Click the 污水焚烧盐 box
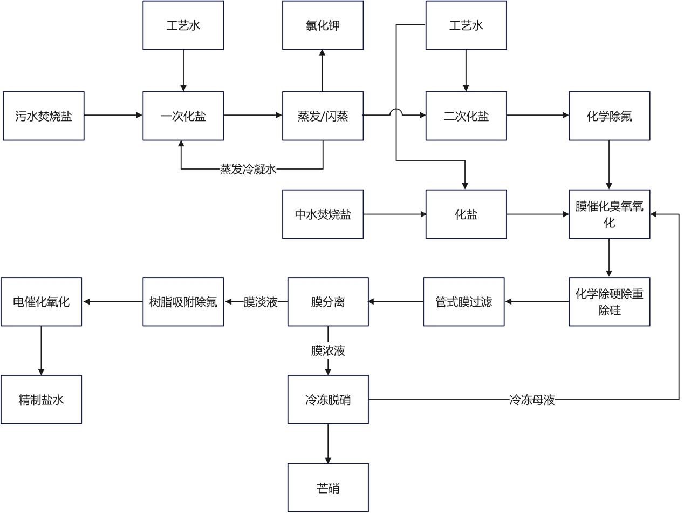(x=44, y=116)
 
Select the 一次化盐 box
(x=183, y=116)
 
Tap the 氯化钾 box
(x=323, y=25)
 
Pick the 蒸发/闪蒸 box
(x=323, y=116)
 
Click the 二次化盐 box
(x=466, y=116)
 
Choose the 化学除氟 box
(x=610, y=116)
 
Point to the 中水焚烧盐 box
(x=323, y=214)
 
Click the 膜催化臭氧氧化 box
(x=610, y=214)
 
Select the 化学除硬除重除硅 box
(x=610, y=302)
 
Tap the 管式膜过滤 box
(x=464, y=302)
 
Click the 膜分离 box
(x=328, y=302)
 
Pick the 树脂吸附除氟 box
(x=183, y=302)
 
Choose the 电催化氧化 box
(x=41, y=302)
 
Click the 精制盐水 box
(x=41, y=400)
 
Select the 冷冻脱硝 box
(x=328, y=400)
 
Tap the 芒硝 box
(x=328, y=488)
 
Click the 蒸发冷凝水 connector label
(x=248, y=170)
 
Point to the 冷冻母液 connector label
(x=532, y=400)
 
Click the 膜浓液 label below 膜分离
(x=328, y=351)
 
